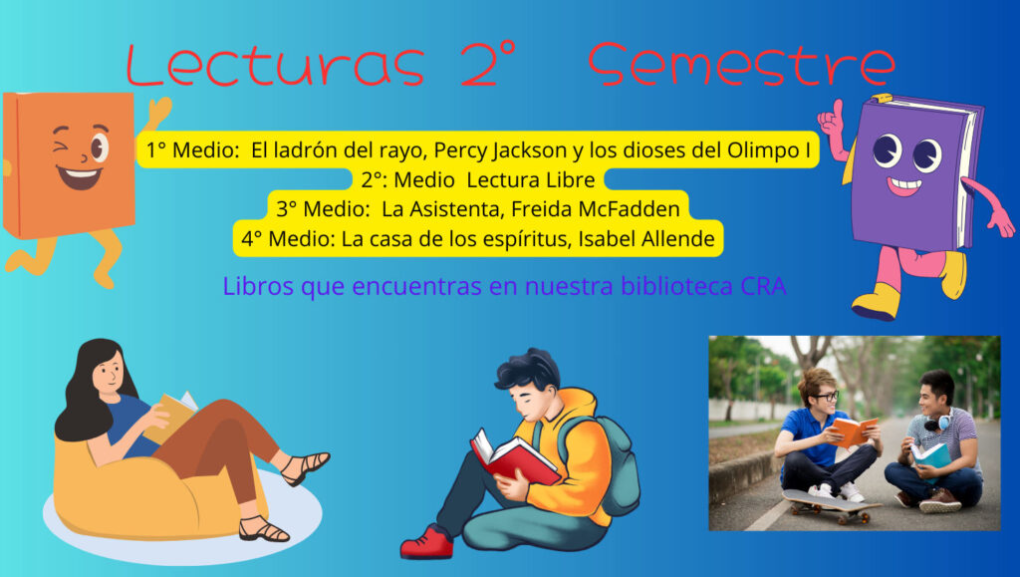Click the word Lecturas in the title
click(275, 65)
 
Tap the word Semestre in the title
click(742, 65)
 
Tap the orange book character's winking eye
click(63, 145)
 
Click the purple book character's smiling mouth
click(904, 185)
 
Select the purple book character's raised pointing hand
click(832, 122)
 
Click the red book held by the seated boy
click(514, 457)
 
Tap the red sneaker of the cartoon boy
click(426, 543)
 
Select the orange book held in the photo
click(854, 432)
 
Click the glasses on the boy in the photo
click(825, 396)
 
